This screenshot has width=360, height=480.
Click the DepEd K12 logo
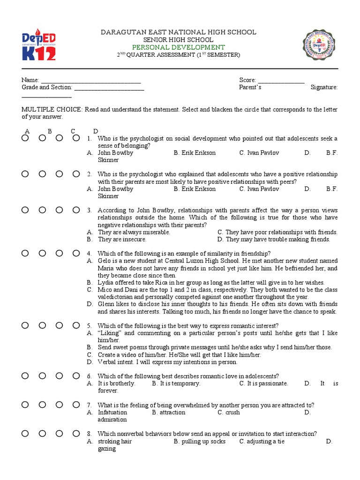tap(39, 45)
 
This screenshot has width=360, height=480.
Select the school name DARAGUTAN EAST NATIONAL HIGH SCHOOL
tap(179, 32)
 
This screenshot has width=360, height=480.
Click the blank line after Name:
tap(91, 81)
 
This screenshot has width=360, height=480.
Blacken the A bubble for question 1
tap(25, 138)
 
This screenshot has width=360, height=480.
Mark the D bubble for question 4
tap(76, 253)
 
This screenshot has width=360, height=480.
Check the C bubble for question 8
tap(59, 434)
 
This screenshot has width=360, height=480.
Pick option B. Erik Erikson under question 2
tap(195, 189)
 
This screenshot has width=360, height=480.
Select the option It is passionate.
tap(263, 383)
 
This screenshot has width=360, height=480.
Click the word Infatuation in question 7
tap(112, 412)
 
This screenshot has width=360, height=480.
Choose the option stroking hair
tap(114, 442)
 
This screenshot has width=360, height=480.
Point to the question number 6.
tap(89, 376)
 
